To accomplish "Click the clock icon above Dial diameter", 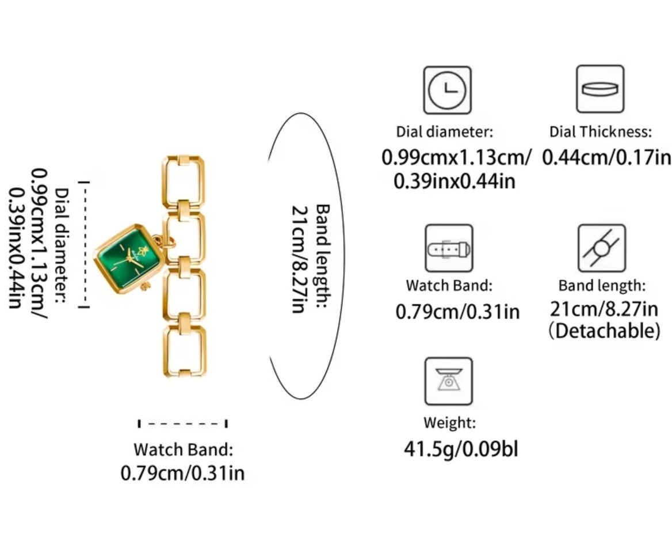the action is pos(447,90).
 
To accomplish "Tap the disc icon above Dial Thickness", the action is pos(600,89).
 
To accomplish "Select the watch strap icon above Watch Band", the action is pos(449,248).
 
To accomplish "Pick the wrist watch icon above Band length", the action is pos(601,248).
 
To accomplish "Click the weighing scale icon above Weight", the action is pos(448,381).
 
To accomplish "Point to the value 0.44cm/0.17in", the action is pos(606,157).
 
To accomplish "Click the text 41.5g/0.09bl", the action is pos(461,449).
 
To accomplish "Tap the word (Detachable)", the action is pos(604,331).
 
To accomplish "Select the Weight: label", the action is pos(449,423).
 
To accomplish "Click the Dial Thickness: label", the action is pos(601,132).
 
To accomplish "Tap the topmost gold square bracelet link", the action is pos(184,181).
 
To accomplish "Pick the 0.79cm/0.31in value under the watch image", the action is pos(182,473).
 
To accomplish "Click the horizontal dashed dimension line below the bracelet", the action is pos(182,423).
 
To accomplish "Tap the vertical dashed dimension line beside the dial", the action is pos(84,244).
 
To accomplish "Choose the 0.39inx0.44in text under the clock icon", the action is pos(455,181).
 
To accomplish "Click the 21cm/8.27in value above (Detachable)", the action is pos(604,309).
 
